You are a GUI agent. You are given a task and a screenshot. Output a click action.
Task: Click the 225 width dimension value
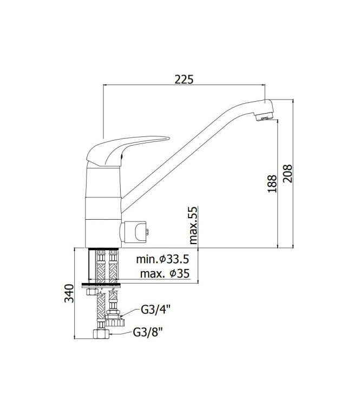(x=184, y=79)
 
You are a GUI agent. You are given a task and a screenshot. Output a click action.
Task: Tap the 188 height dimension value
(x=272, y=184)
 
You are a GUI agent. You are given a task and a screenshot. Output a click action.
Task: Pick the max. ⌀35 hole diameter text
(x=163, y=274)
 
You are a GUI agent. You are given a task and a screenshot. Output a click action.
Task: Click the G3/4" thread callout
(x=155, y=311)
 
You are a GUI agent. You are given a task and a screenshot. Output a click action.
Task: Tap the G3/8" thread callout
(x=148, y=332)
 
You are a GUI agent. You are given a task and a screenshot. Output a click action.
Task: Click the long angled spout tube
(x=195, y=157)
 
